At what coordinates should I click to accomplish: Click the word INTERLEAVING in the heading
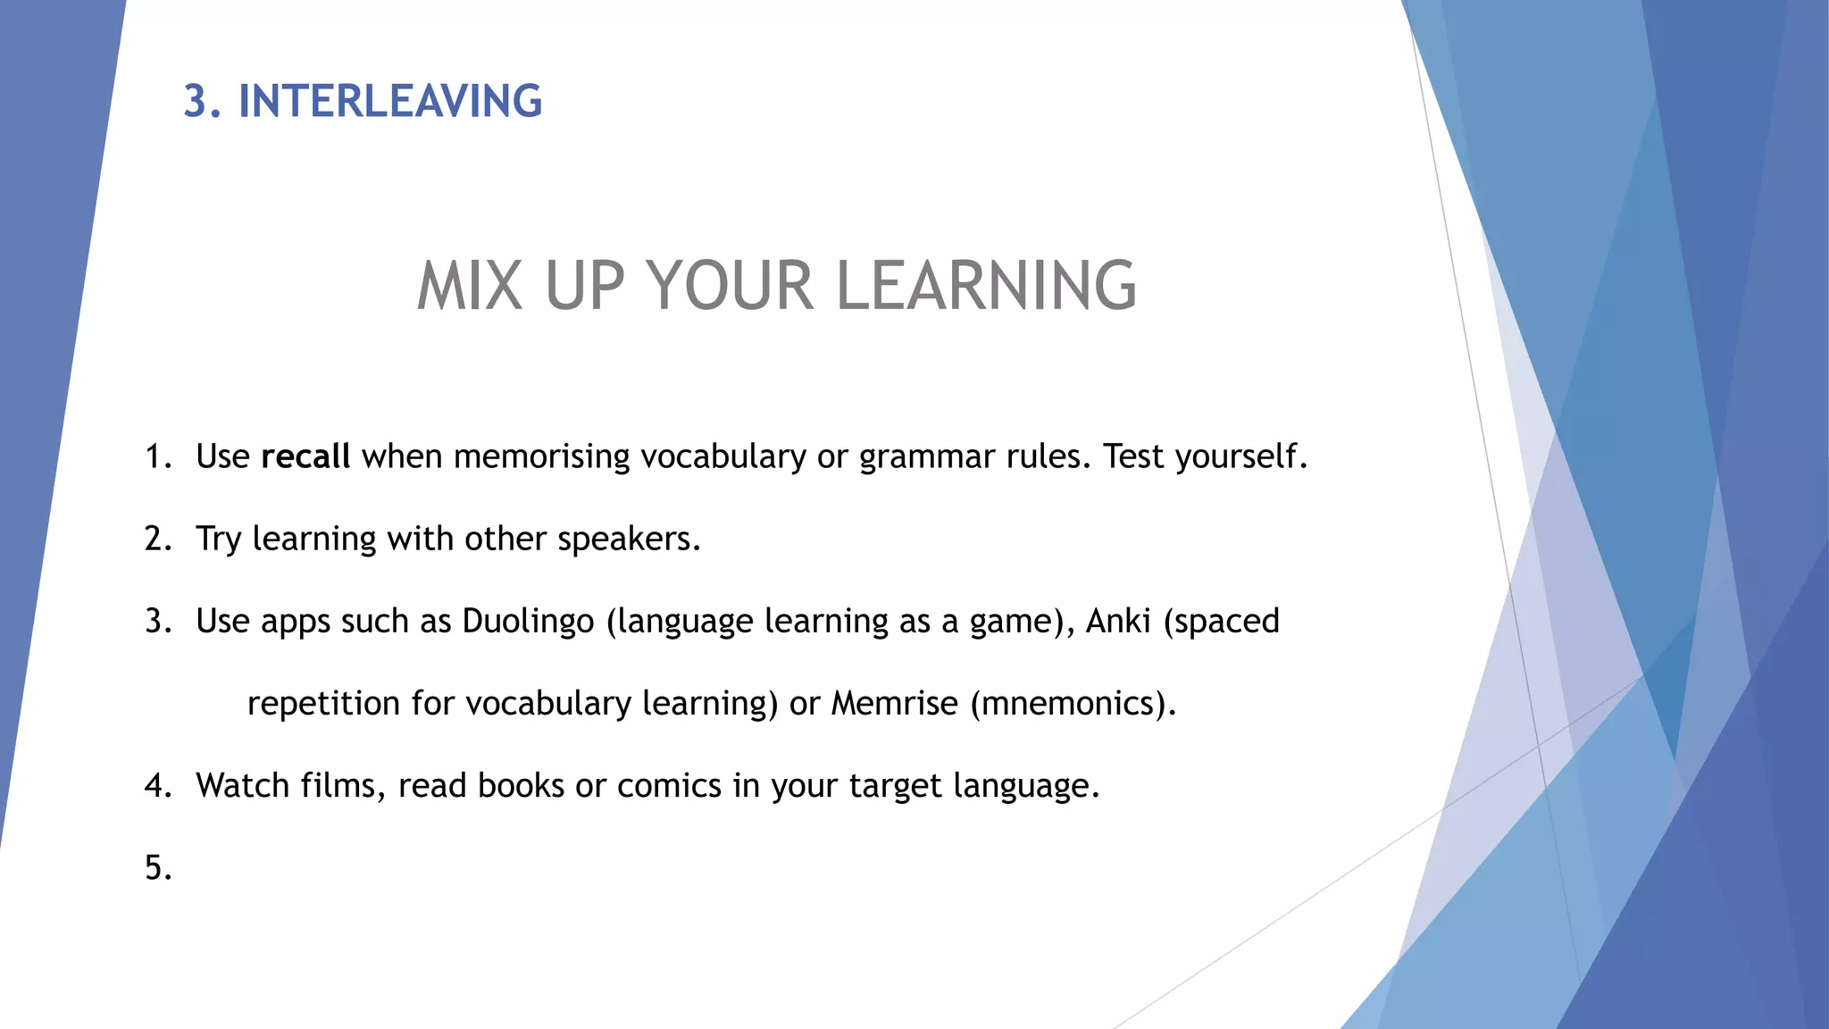[x=390, y=101]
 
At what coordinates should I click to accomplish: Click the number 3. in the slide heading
[x=203, y=101]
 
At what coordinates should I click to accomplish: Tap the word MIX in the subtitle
[x=470, y=287]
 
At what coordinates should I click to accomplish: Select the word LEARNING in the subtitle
[x=986, y=287]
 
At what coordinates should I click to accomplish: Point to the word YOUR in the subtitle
[x=731, y=287]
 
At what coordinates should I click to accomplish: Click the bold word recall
[x=305, y=456]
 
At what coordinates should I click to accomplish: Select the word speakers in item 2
[x=629, y=540]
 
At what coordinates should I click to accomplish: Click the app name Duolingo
[x=528, y=621]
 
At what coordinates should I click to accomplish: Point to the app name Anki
[x=1118, y=621]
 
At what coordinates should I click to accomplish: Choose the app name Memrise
[x=895, y=703]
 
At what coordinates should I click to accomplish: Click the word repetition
[x=323, y=704]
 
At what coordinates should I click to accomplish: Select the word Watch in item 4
[x=243, y=785]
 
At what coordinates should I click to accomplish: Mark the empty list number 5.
[x=158, y=867]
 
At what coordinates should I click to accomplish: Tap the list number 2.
[x=158, y=539]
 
